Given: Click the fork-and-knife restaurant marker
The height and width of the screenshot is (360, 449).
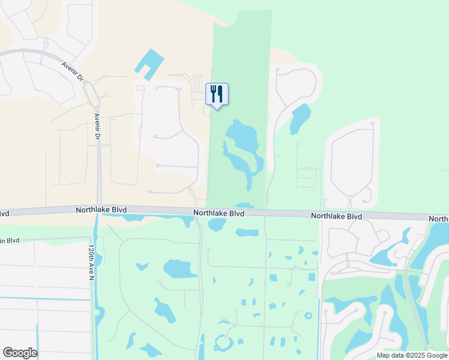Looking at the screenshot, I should point(217,94).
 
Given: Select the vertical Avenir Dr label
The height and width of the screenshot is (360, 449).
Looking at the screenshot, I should point(96,127).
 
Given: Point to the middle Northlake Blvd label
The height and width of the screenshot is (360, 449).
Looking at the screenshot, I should point(218,214).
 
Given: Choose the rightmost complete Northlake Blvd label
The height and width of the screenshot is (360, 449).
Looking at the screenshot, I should point(337,216).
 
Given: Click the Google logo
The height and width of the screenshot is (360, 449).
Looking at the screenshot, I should point(20,352).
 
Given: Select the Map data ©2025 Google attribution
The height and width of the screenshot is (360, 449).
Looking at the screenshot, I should point(412,355).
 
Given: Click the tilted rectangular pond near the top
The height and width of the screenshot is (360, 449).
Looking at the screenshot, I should point(149,62).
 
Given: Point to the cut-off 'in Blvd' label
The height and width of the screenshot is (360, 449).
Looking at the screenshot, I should point(10,241).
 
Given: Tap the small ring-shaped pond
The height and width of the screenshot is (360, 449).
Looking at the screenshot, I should point(308,316).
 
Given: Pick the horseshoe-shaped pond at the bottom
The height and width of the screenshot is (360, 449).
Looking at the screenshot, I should point(223,344).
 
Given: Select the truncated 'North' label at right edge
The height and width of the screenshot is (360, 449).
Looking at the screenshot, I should point(439,219).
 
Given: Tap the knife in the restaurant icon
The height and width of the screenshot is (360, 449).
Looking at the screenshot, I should point(220,93).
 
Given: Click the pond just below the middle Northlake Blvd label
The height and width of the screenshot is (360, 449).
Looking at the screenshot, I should point(217,225).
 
